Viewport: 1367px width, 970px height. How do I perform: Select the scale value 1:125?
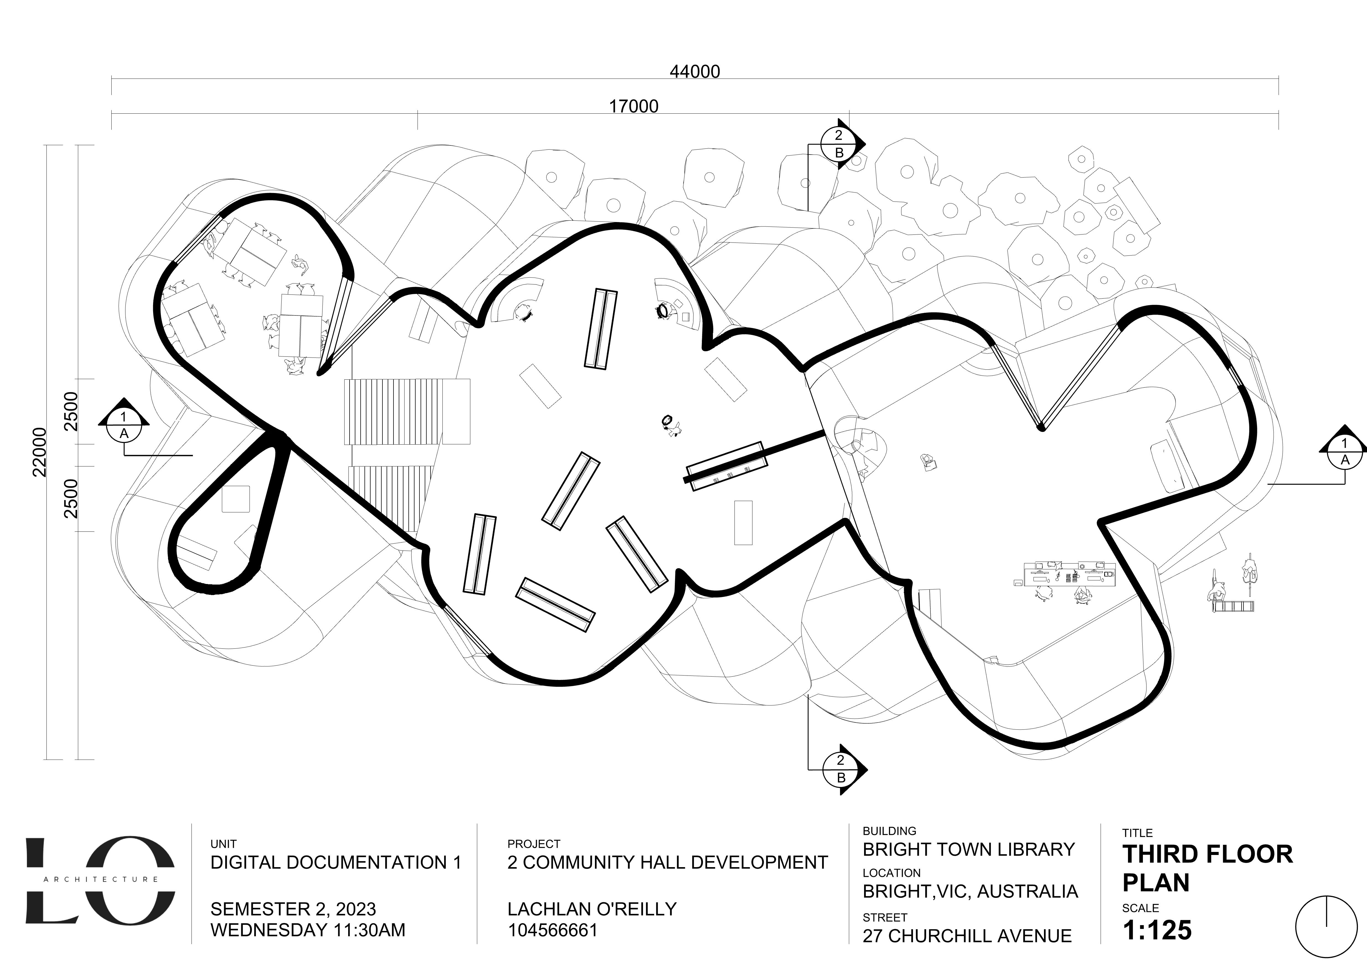(1157, 930)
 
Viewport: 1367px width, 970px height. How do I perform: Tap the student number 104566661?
(552, 930)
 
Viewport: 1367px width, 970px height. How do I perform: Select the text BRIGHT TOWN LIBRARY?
(968, 849)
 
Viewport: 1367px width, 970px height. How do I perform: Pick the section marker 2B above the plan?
(839, 143)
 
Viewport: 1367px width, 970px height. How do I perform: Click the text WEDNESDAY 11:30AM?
(308, 930)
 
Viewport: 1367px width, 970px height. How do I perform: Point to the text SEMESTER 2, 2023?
(293, 909)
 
